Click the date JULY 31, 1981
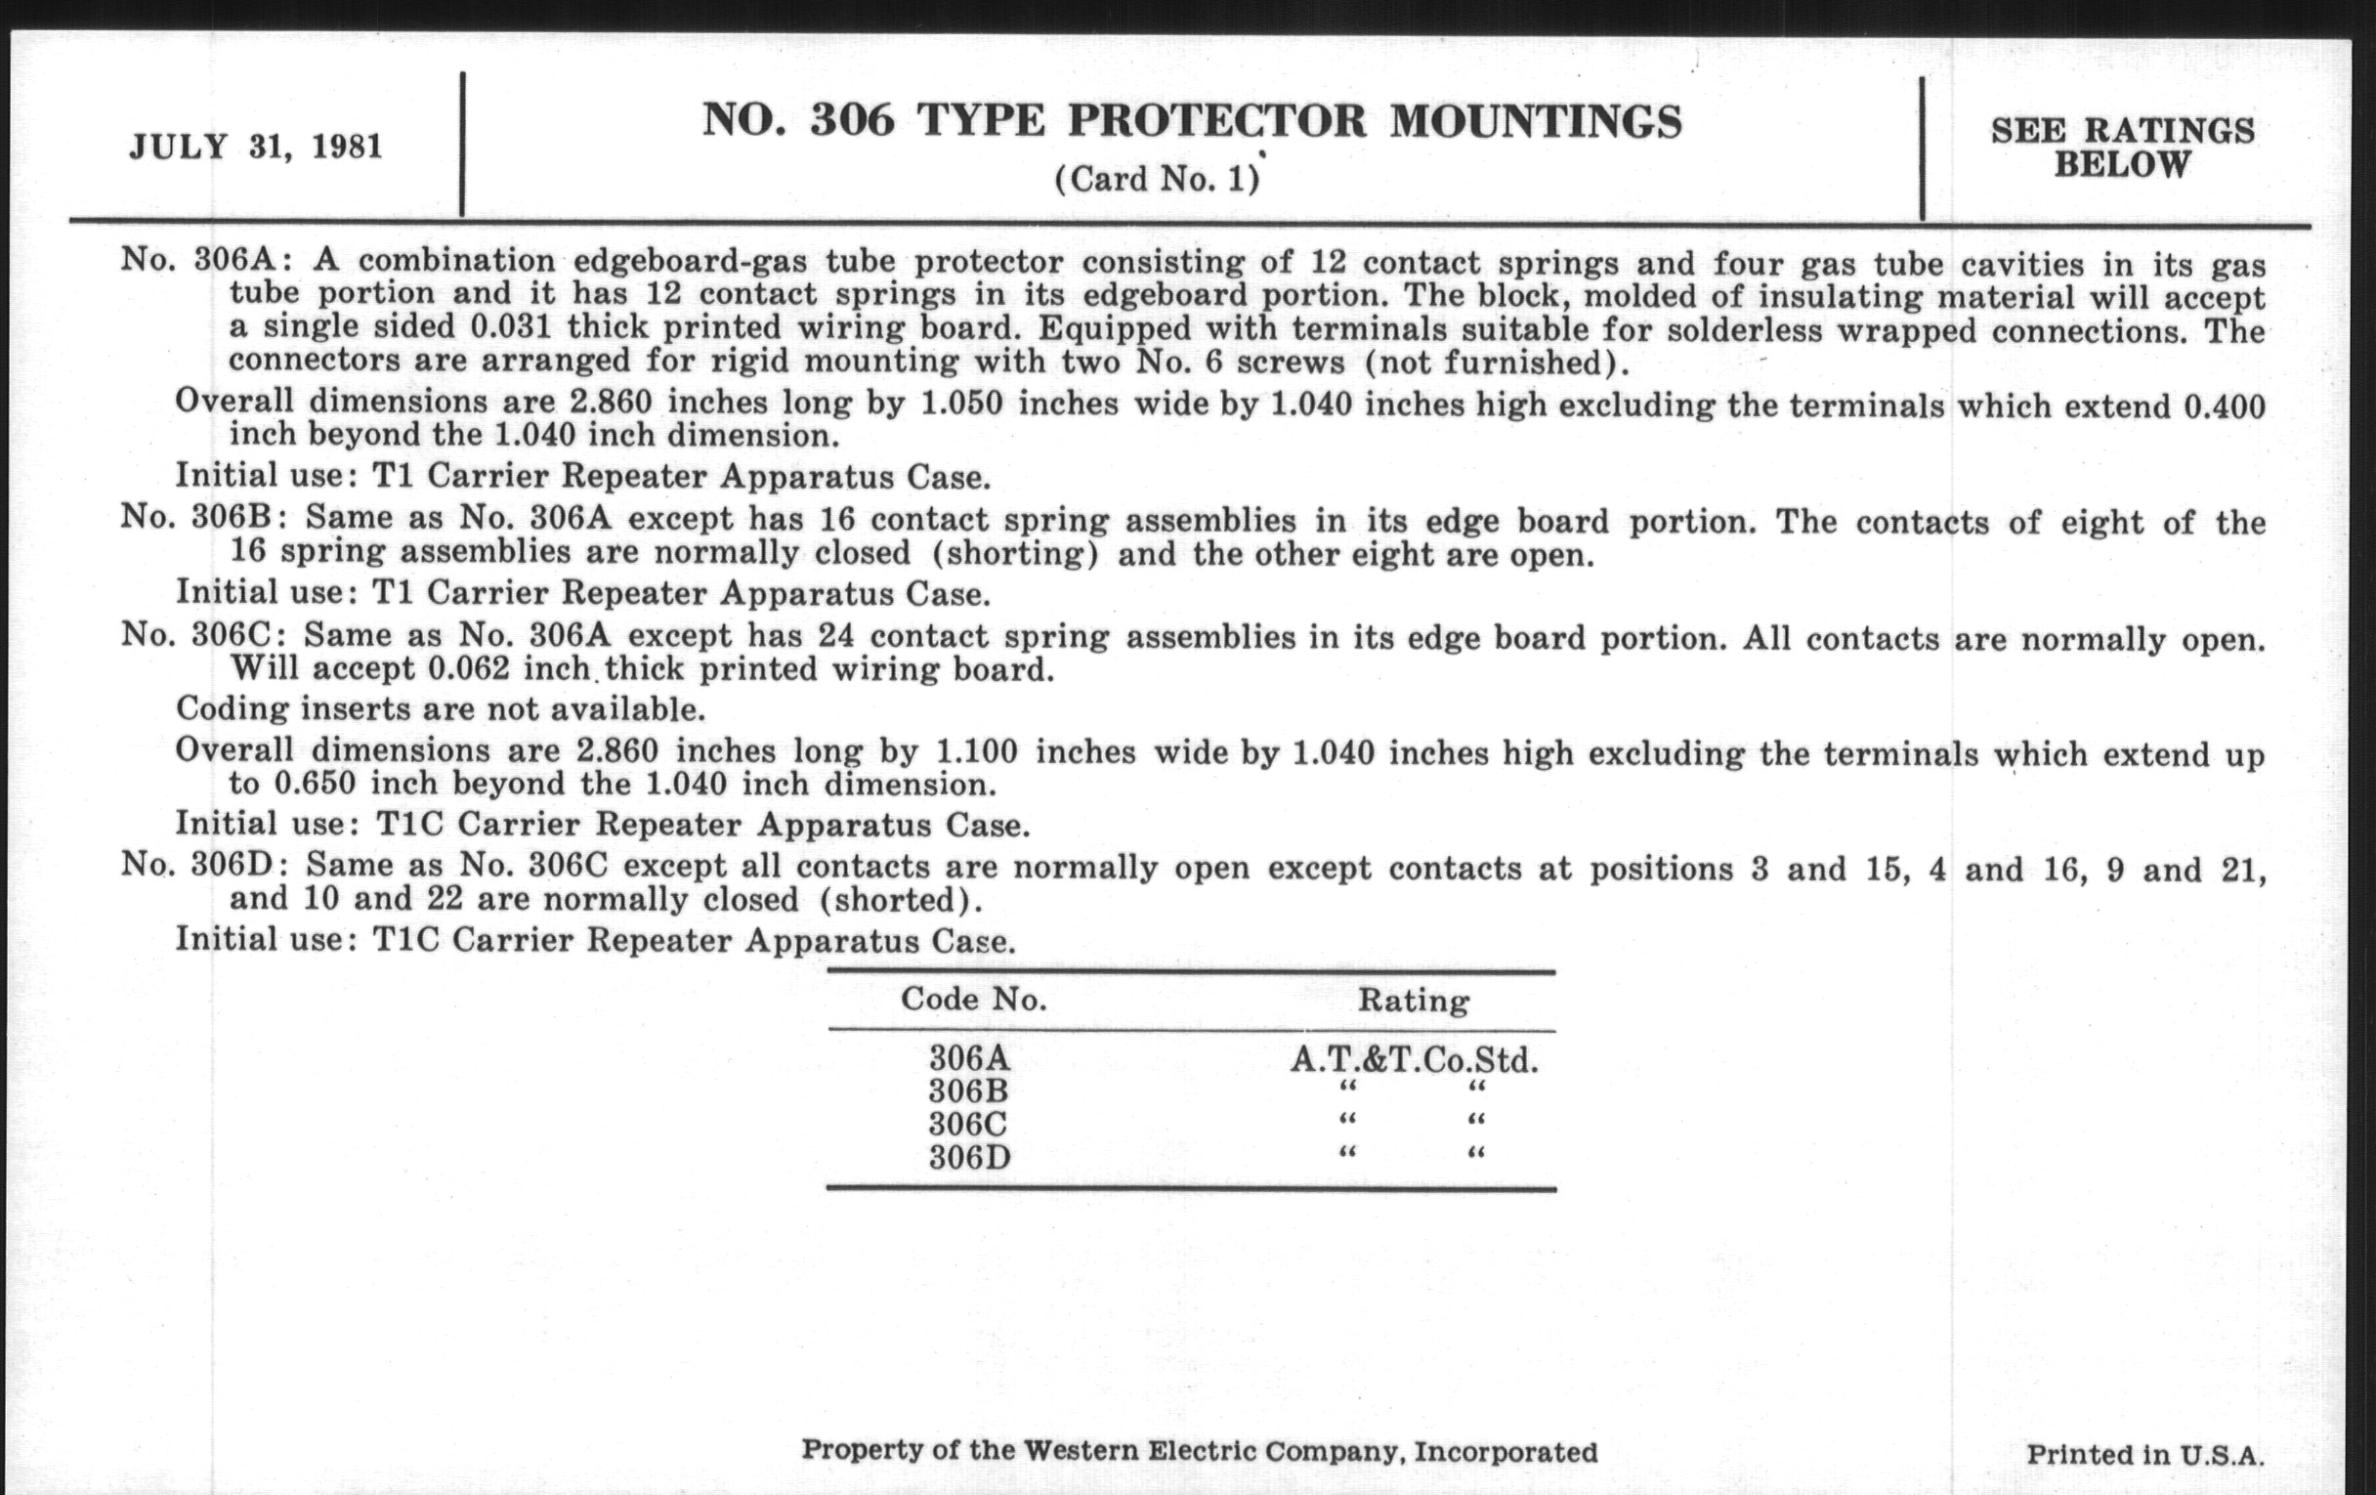click(x=256, y=147)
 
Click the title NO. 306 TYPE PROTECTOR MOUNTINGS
click(x=1191, y=122)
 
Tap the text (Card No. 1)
click(x=1157, y=180)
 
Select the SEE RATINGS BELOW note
click(x=2121, y=147)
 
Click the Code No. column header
click(x=973, y=1000)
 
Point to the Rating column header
click(x=1413, y=1002)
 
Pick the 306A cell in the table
click(x=970, y=1059)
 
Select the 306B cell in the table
click(x=969, y=1091)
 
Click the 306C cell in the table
click(x=969, y=1124)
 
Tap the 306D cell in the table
click(x=970, y=1157)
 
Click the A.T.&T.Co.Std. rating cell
click(x=1413, y=1061)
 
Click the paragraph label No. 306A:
click(x=206, y=260)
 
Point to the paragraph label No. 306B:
click(x=204, y=516)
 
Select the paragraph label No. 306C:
click(x=204, y=633)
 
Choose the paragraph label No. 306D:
click(x=204, y=865)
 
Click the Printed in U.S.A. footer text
click(x=2144, y=1455)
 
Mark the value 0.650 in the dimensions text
click(x=315, y=785)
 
